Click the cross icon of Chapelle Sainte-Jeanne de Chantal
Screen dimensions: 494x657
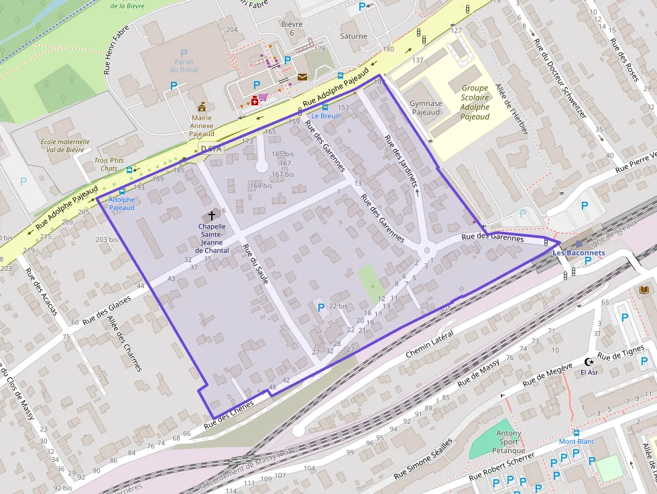213,216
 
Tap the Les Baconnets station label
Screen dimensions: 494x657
578,253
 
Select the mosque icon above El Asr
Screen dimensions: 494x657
589,361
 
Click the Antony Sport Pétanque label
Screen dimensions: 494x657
507,442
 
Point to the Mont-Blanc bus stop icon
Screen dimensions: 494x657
576,433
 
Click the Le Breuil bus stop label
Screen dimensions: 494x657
325,116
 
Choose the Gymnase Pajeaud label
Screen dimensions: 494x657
426,108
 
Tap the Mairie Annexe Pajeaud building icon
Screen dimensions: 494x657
201,107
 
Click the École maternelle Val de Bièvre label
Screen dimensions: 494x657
65,146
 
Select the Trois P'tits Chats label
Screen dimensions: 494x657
109,164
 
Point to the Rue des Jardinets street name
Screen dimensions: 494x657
401,160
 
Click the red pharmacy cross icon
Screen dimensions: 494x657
255,101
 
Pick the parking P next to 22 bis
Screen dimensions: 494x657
320,307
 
